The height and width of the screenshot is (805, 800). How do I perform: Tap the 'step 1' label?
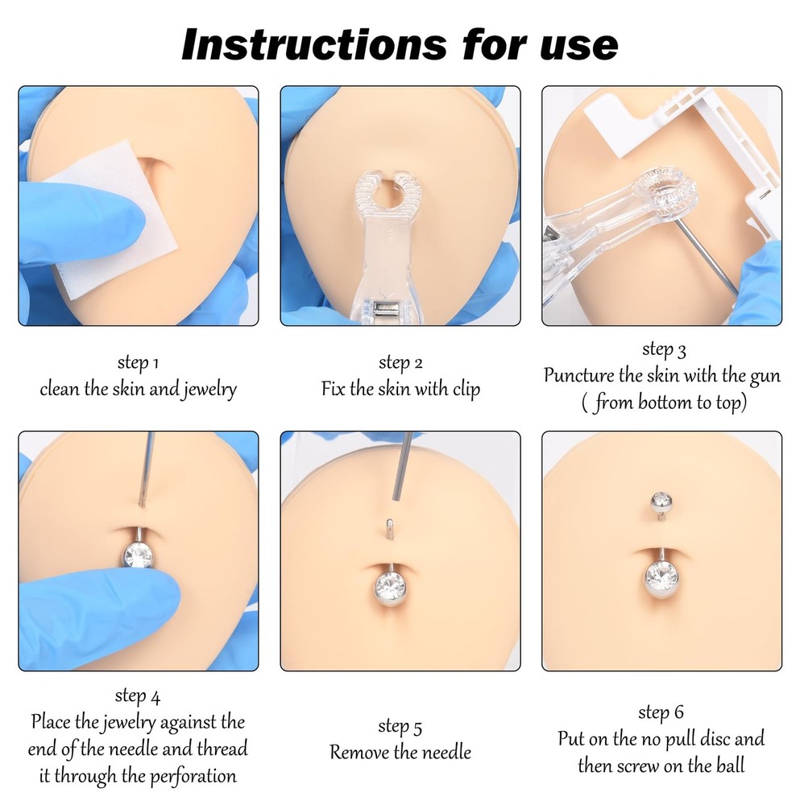pyautogui.click(x=138, y=364)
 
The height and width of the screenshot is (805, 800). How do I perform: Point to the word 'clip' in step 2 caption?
pyautogui.click(x=463, y=390)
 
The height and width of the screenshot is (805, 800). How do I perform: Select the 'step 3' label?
pyautogui.click(x=663, y=349)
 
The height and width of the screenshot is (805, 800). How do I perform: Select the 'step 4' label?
pyautogui.click(x=138, y=695)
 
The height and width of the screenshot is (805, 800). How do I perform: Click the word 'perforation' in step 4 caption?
pyautogui.click(x=192, y=776)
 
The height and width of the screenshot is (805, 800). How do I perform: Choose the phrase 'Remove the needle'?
pyautogui.click(x=400, y=753)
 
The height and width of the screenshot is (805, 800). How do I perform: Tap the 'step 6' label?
pyautogui.click(x=661, y=712)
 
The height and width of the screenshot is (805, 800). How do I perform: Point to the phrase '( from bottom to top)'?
pyautogui.click(x=662, y=402)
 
